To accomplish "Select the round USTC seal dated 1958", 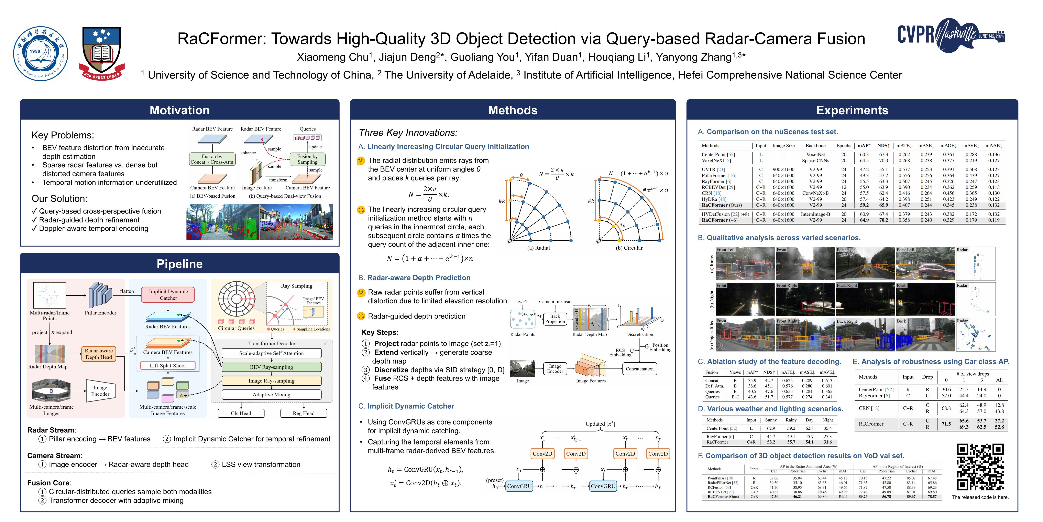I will pos(41,54).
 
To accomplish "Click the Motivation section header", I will pos(179,110).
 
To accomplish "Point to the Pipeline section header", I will pos(179,264).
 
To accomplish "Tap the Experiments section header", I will pos(852,110).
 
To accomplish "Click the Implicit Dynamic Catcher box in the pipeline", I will pos(168,295).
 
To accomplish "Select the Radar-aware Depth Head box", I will pos(99,354).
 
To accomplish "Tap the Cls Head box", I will pos(241,413).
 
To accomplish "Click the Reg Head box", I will pos(304,413).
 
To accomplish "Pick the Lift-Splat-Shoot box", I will pos(168,366).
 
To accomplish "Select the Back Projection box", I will pos(555,319).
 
